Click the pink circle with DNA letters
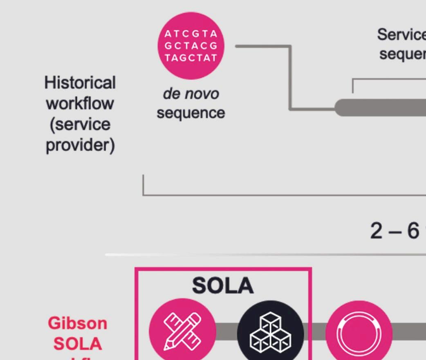click(x=191, y=45)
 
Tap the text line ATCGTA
click(x=191, y=34)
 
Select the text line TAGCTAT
click(x=191, y=57)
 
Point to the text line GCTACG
click(x=191, y=45)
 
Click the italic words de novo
click(x=191, y=94)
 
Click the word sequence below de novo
click(x=191, y=112)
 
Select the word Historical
click(x=80, y=83)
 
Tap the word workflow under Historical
click(x=80, y=103)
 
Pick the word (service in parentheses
click(x=80, y=124)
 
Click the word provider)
click(x=80, y=145)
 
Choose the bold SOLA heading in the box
click(x=223, y=286)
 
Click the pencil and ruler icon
click(x=182, y=331)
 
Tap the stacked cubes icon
click(x=271, y=333)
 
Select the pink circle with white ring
click(x=359, y=333)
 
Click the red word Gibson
click(x=78, y=323)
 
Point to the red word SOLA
click(x=78, y=344)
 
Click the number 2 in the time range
click(x=376, y=231)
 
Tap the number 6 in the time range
click(x=413, y=231)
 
